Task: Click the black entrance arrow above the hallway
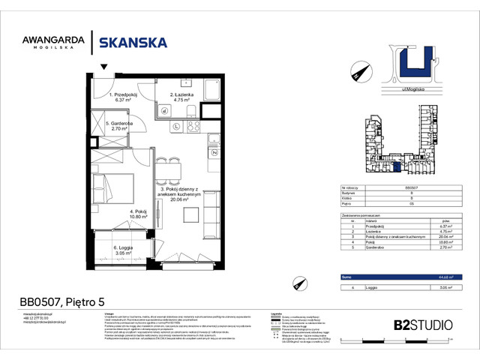[103, 67]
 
